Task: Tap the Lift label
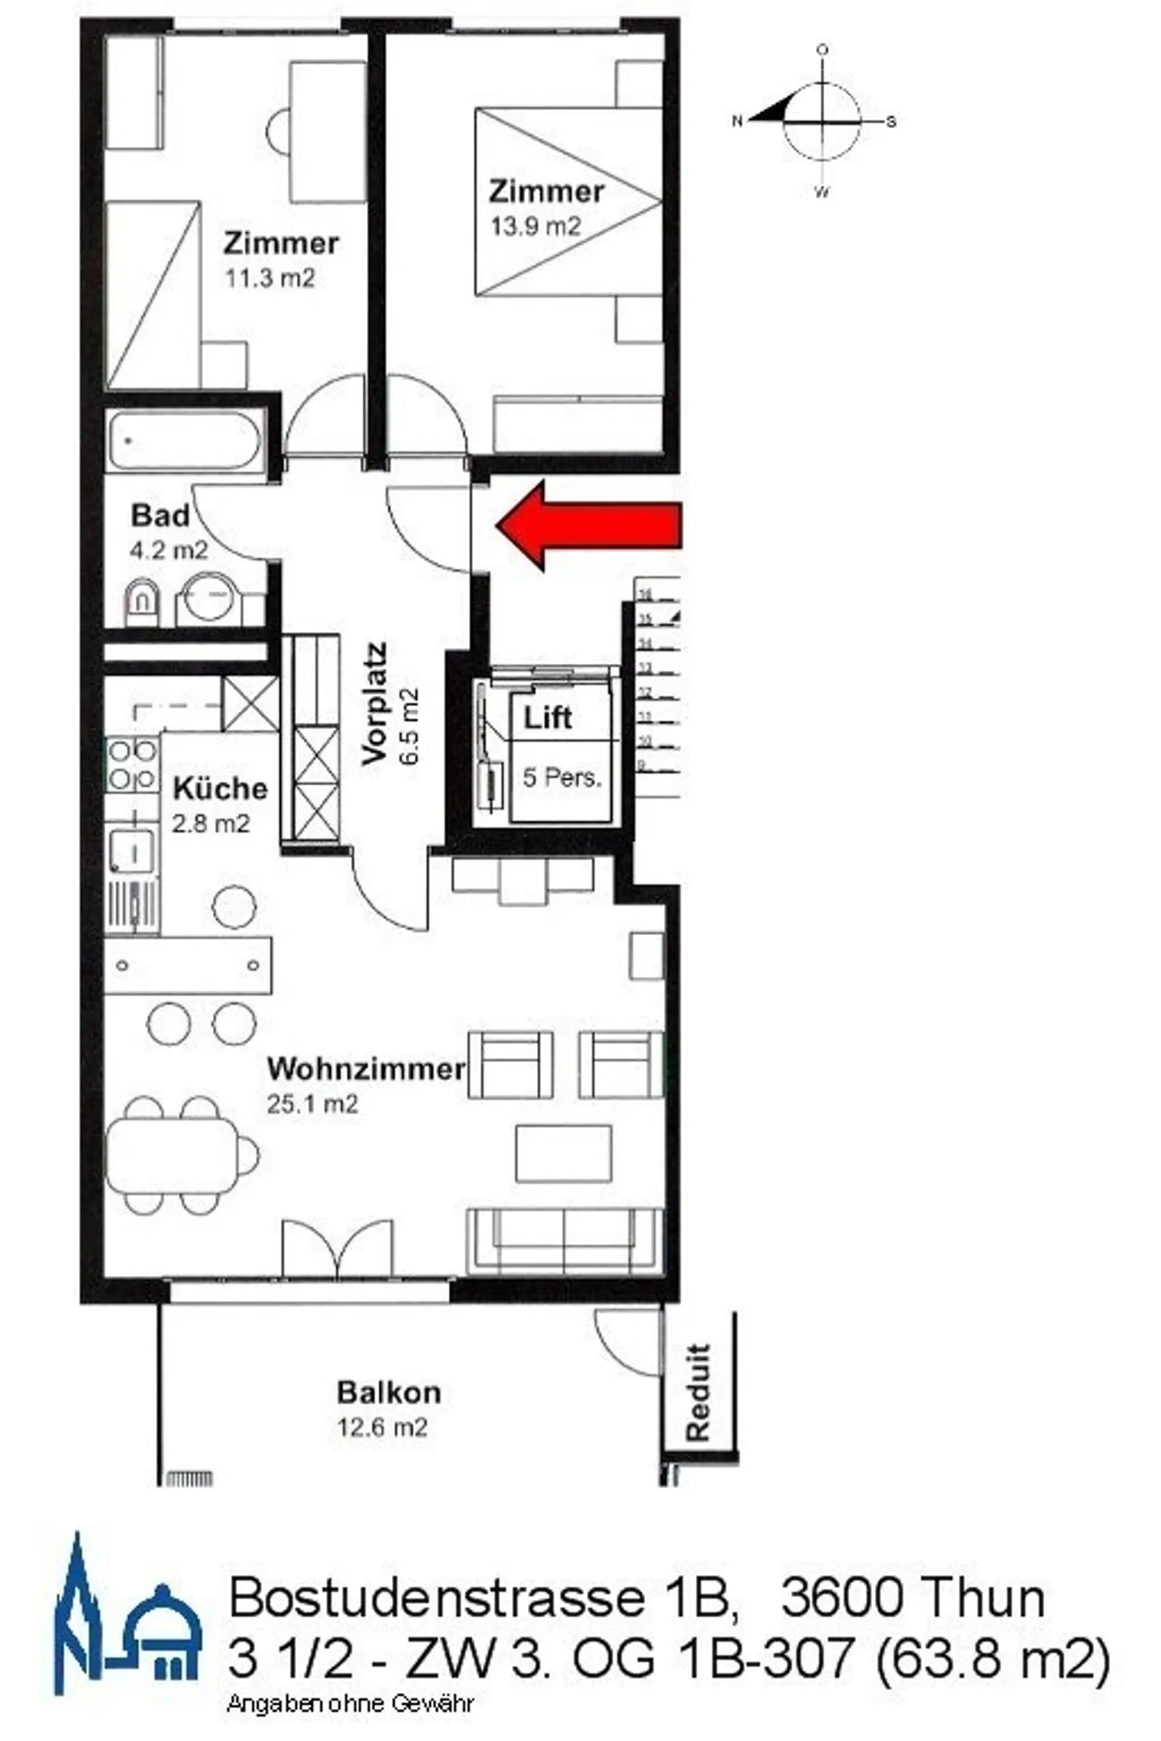pos(547,717)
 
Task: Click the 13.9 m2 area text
pos(535,226)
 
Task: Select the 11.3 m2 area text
pos(269,279)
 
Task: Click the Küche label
pos(220,788)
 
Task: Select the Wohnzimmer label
pos(366,1069)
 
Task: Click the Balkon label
pos(389,1392)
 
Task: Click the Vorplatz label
pos(375,703)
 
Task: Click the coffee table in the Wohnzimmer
pos(564,1153)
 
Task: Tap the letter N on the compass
pos(736,122)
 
